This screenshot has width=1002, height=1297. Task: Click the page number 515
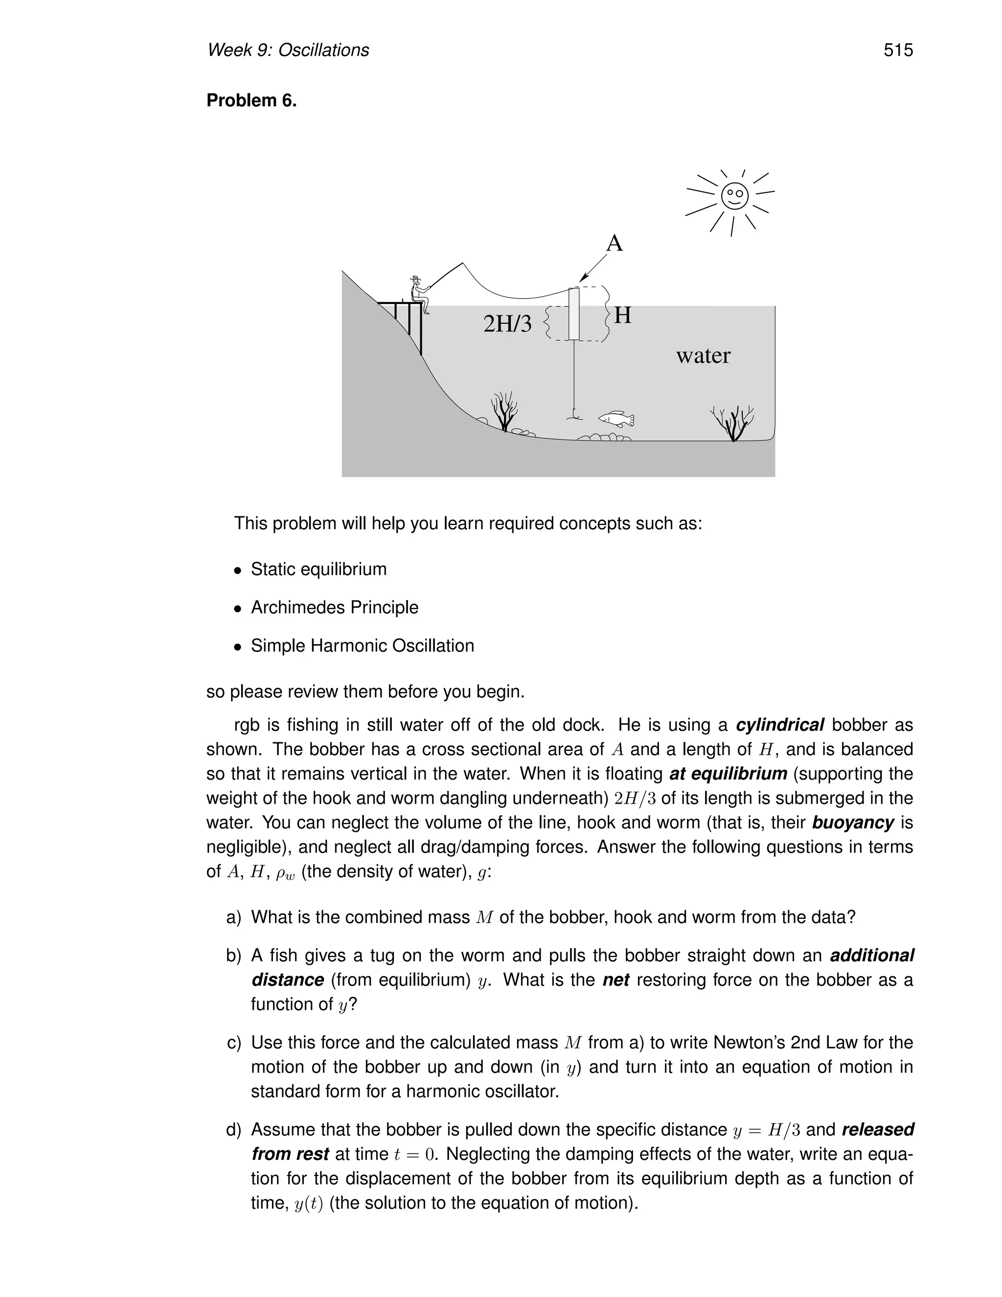pos(897,50)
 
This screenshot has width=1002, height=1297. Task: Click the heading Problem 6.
pos(251,100)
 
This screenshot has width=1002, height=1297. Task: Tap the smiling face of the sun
pos(734,195)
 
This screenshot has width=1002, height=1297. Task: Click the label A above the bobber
pos(615,243)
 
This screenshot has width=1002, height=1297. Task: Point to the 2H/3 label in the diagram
pos(507,324)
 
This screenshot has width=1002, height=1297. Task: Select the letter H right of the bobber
pos(623,315)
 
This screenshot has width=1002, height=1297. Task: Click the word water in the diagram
pos(704,356)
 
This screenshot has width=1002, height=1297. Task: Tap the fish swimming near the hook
pos(616,418)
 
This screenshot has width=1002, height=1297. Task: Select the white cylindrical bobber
pos(573,314)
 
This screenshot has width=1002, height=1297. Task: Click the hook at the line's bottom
pos(573,415)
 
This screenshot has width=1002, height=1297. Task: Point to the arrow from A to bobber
pos(593,268)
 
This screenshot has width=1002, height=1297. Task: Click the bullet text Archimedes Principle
pos(334,607)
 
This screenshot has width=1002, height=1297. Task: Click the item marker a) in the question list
pos(234,918)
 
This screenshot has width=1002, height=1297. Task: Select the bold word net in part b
pos(615,980)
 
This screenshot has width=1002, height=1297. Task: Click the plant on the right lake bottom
pos(734,424)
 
